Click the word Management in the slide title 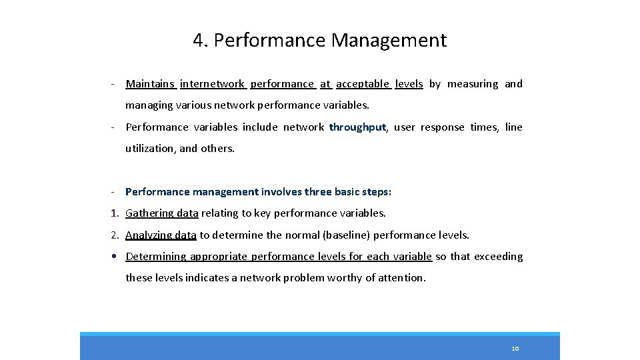click(389, 41)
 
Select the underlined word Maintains click(150, 84)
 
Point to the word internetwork click(212, 84)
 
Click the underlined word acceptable click(363, 84)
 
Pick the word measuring click(473, 84)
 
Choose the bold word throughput click(357, 127)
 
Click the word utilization click(149, 149)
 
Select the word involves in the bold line click(281, 192)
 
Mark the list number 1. click(114, 213)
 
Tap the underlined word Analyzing click(150, 235)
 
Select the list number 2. click(114, 235)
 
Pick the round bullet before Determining click(115, 257)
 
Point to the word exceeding click(498, 257)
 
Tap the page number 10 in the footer click(515, 349)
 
